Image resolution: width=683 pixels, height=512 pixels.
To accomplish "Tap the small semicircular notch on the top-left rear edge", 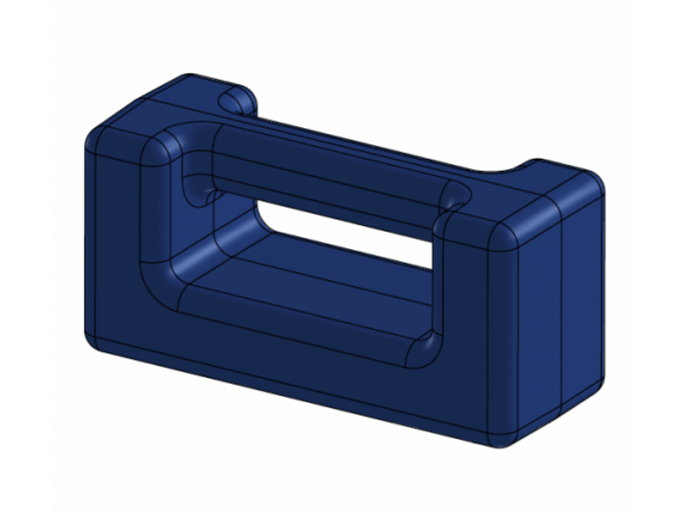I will click(x=234, y=98).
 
